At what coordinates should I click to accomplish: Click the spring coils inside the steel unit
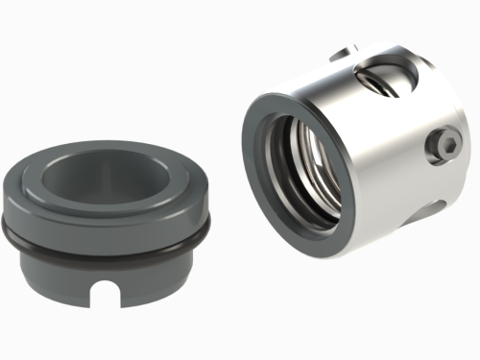[x=312, y=168]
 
